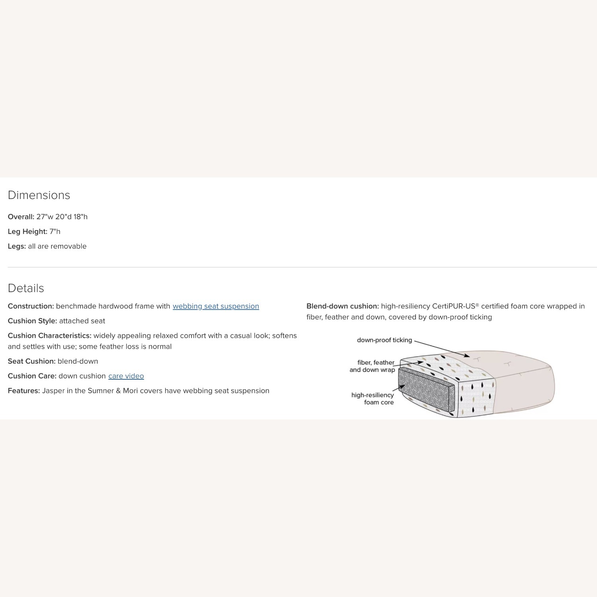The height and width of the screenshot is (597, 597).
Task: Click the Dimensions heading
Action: click(x=39, y=195)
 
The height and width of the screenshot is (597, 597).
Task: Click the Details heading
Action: click(x=26, y=288)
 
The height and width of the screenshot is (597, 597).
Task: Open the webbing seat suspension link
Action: click(x=216, y=306)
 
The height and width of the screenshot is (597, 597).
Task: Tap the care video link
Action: click(x=126, y=376)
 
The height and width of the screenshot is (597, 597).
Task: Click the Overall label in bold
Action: click(x=21, y=217)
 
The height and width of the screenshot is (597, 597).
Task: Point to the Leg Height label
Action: click(x=27, y=231)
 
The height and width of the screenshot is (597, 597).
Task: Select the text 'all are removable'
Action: click(x=57, y=246)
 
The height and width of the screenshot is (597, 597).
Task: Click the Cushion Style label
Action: click(x=32, y=321)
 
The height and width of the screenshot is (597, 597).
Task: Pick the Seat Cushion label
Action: click(x=31, y=361)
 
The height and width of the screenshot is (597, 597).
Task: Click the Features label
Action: click(x=24, y=390)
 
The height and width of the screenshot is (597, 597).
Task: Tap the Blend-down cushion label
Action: click(x=342, y=306)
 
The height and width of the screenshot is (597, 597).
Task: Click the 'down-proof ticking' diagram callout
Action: click(x=384, y=340)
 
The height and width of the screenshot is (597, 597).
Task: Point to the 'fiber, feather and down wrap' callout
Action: click(x=373, y=366)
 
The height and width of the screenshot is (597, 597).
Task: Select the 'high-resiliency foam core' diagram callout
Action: click(x=373, y=398)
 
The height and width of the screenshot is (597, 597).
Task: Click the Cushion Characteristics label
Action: click(x=49, y=336)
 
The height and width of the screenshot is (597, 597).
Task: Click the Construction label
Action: click(x=31, y=306)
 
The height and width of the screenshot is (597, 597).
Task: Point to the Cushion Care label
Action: click(x=32, y=376)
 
